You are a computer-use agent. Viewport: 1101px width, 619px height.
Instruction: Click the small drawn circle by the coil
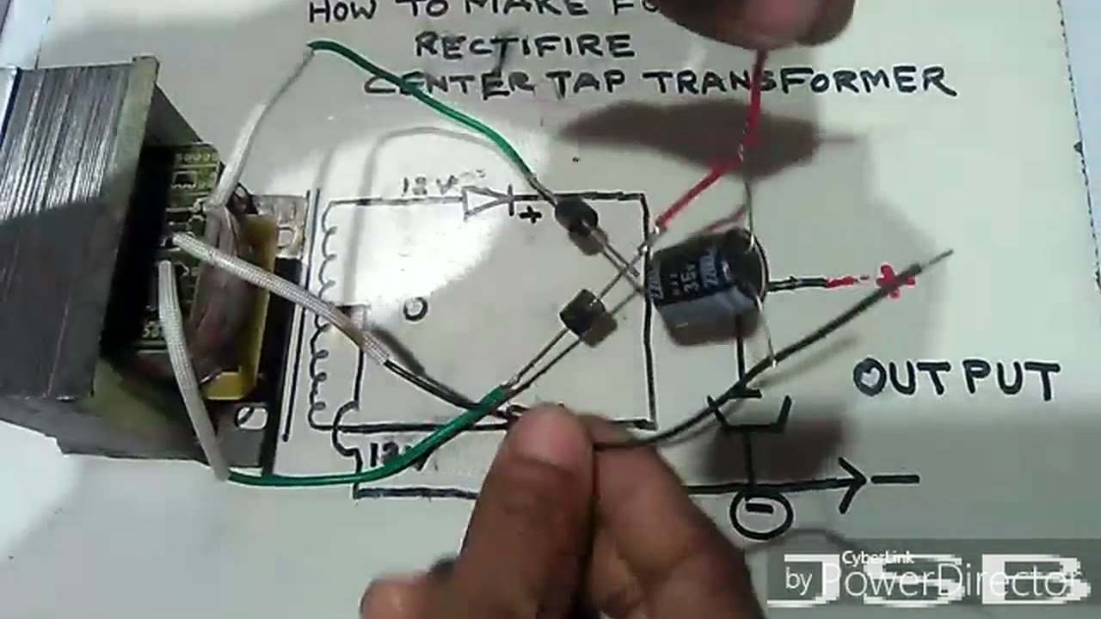point(415,308)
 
